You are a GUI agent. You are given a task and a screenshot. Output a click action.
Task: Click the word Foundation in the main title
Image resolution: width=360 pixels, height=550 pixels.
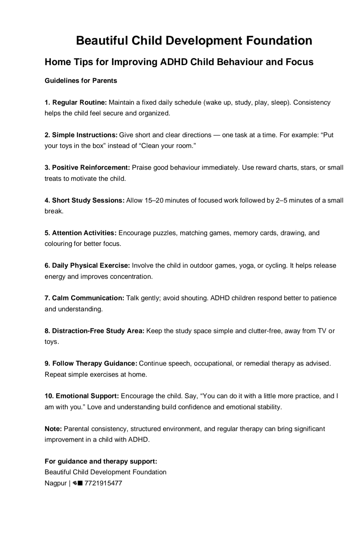point(279,41)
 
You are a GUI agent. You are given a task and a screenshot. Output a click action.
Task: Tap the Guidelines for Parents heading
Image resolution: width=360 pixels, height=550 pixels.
point(81,81)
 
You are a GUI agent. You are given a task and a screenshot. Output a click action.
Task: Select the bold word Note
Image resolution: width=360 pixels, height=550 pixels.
point(53,429)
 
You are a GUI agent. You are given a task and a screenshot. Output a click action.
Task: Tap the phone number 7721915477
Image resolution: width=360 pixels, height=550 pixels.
point(103,483)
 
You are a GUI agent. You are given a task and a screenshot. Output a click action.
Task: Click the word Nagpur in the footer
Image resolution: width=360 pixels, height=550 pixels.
point(56,484)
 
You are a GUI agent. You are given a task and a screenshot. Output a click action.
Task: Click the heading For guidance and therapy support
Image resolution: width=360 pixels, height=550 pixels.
point(101,461)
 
